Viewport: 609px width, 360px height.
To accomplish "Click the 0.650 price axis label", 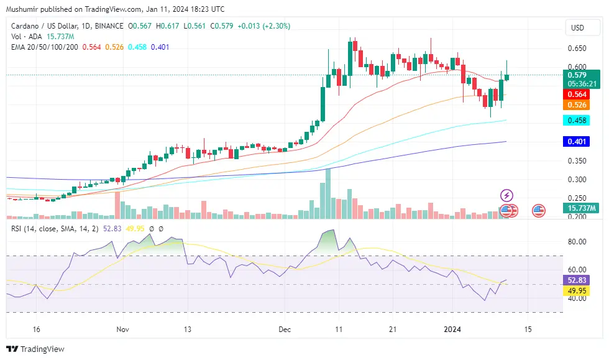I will [577, 48].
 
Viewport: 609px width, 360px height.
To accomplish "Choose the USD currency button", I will [578, 28].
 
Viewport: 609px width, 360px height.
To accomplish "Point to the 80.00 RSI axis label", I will [577, 241].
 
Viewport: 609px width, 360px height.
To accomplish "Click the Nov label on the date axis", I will [123, 329].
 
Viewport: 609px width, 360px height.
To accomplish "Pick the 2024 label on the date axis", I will [456, 329].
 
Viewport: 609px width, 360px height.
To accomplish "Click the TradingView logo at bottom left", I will [35, 349].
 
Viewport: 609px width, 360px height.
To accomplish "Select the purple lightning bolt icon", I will [506, 196].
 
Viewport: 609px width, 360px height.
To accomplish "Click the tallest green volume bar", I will [327, 193].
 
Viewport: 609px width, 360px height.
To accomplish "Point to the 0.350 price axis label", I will [577, 161].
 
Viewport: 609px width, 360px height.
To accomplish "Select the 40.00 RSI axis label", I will [577, 298].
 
